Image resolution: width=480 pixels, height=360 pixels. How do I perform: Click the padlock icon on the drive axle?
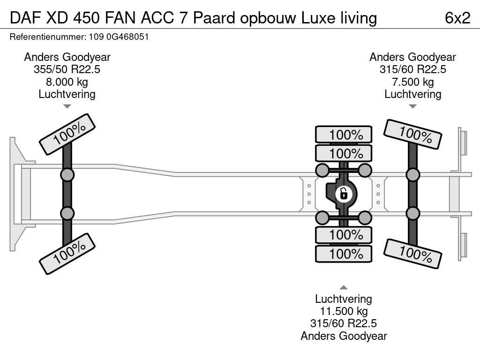tap(344, 193)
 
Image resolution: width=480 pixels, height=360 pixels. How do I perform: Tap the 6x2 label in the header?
tap(457, 18)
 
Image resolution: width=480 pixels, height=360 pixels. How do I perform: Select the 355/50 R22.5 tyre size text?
tap(67, 69)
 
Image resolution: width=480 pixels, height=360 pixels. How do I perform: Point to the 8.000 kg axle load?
tap(67, 82)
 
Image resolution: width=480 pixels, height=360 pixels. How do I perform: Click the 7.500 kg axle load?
tap(412, 82)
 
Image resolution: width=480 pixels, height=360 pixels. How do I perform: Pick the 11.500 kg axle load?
tap(344, 311)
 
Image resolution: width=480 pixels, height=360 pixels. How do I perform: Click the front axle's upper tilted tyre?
tap(67, 134)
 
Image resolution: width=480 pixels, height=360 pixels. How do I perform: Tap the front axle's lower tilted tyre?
tap(67, 254)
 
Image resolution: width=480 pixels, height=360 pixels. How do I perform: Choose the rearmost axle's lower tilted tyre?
tap(412, 254)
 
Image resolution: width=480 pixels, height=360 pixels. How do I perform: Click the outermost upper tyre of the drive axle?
tap(344, 135)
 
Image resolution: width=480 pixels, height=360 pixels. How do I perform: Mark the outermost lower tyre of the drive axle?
tap(344, 254)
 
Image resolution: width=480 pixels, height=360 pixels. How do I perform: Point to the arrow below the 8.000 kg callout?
tap(67, 106)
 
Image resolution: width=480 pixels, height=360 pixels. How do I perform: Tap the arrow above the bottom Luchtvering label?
tap(344, 287)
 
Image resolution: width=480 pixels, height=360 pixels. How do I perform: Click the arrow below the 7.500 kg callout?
tap(412, 106)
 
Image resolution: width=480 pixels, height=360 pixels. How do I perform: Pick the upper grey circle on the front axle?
tap(67, 175)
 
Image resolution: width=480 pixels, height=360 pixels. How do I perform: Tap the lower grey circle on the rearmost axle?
tap(412, 213)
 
